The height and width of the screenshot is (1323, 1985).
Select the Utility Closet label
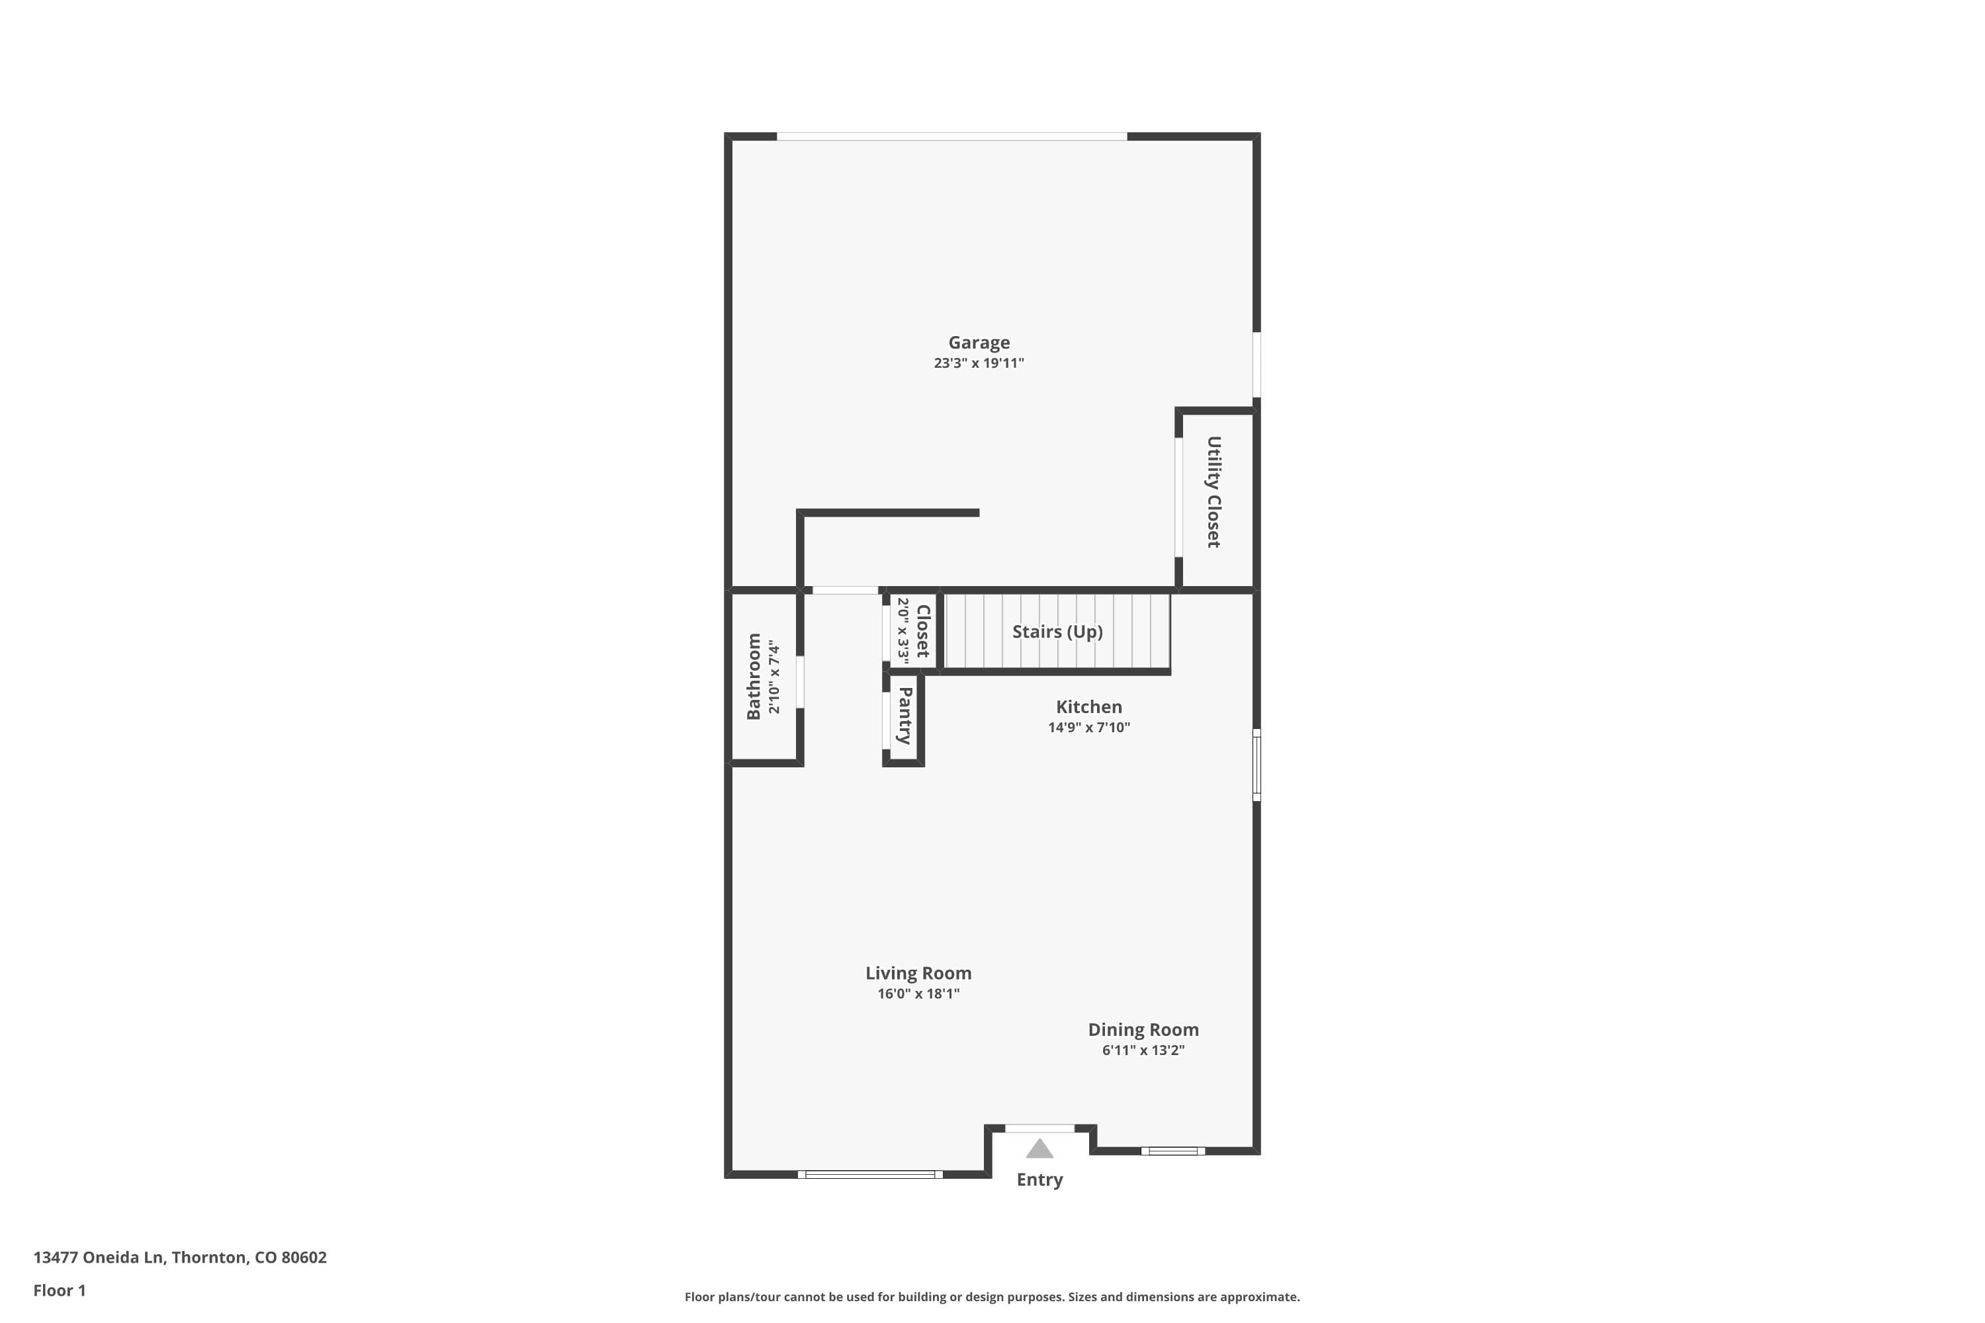tap(1213, 492)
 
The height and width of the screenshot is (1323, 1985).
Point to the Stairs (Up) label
tap(1057, 632)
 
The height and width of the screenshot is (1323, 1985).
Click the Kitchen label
tap(1088, 707)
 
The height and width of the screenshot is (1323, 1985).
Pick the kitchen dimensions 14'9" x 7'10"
tap(1088, 727)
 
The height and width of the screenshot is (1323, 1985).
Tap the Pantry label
tap(904, 716)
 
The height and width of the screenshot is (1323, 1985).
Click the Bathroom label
tap(754, 677)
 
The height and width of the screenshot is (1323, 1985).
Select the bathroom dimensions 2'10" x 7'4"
tap(774, 677)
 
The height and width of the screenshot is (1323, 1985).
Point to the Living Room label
tap(918, 973)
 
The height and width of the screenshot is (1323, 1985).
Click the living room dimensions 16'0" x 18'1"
tap(918, 994)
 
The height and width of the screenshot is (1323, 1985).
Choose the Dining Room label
tap(1143, 1029)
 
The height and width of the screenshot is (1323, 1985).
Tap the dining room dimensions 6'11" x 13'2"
tap(1143, 1050)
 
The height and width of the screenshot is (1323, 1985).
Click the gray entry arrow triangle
tap(1039, 1149)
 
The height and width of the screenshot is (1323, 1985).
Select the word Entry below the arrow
tap(1039, 1179)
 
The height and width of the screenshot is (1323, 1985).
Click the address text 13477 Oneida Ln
tap(98, 1258)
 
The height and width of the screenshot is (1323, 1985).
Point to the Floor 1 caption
tap(59, 1290)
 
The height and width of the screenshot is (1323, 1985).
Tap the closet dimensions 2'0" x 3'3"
tap(903, 631)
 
